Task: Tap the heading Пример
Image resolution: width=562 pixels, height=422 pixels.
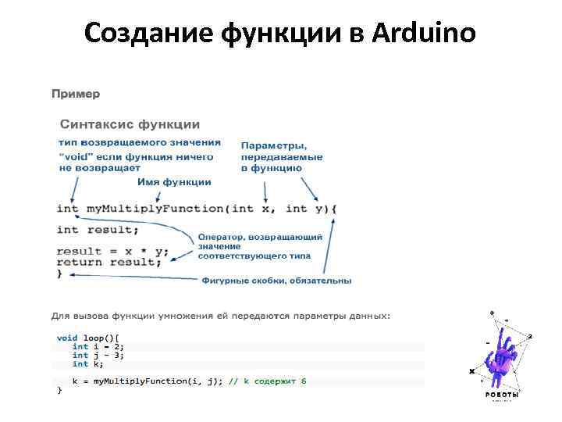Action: point(76,94)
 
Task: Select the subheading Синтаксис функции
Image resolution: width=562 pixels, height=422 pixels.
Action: point(130,124)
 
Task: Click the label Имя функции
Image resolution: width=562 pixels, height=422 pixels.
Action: point(174,182)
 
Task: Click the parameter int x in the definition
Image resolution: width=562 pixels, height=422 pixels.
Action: point(253,209)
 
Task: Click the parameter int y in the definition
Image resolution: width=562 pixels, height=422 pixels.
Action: point(304,209)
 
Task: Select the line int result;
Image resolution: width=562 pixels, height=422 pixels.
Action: point(91,230)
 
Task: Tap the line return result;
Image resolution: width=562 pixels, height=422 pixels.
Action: point(109,263)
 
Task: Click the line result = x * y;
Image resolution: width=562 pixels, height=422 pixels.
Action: point(112,251)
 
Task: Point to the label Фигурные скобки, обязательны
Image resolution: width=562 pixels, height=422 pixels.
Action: point(276,280)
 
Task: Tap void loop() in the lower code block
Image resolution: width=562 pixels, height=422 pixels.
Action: point(84,338)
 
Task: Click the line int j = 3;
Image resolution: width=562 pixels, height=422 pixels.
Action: point(98,355)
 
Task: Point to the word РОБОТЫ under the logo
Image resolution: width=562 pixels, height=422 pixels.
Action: point(502,395)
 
